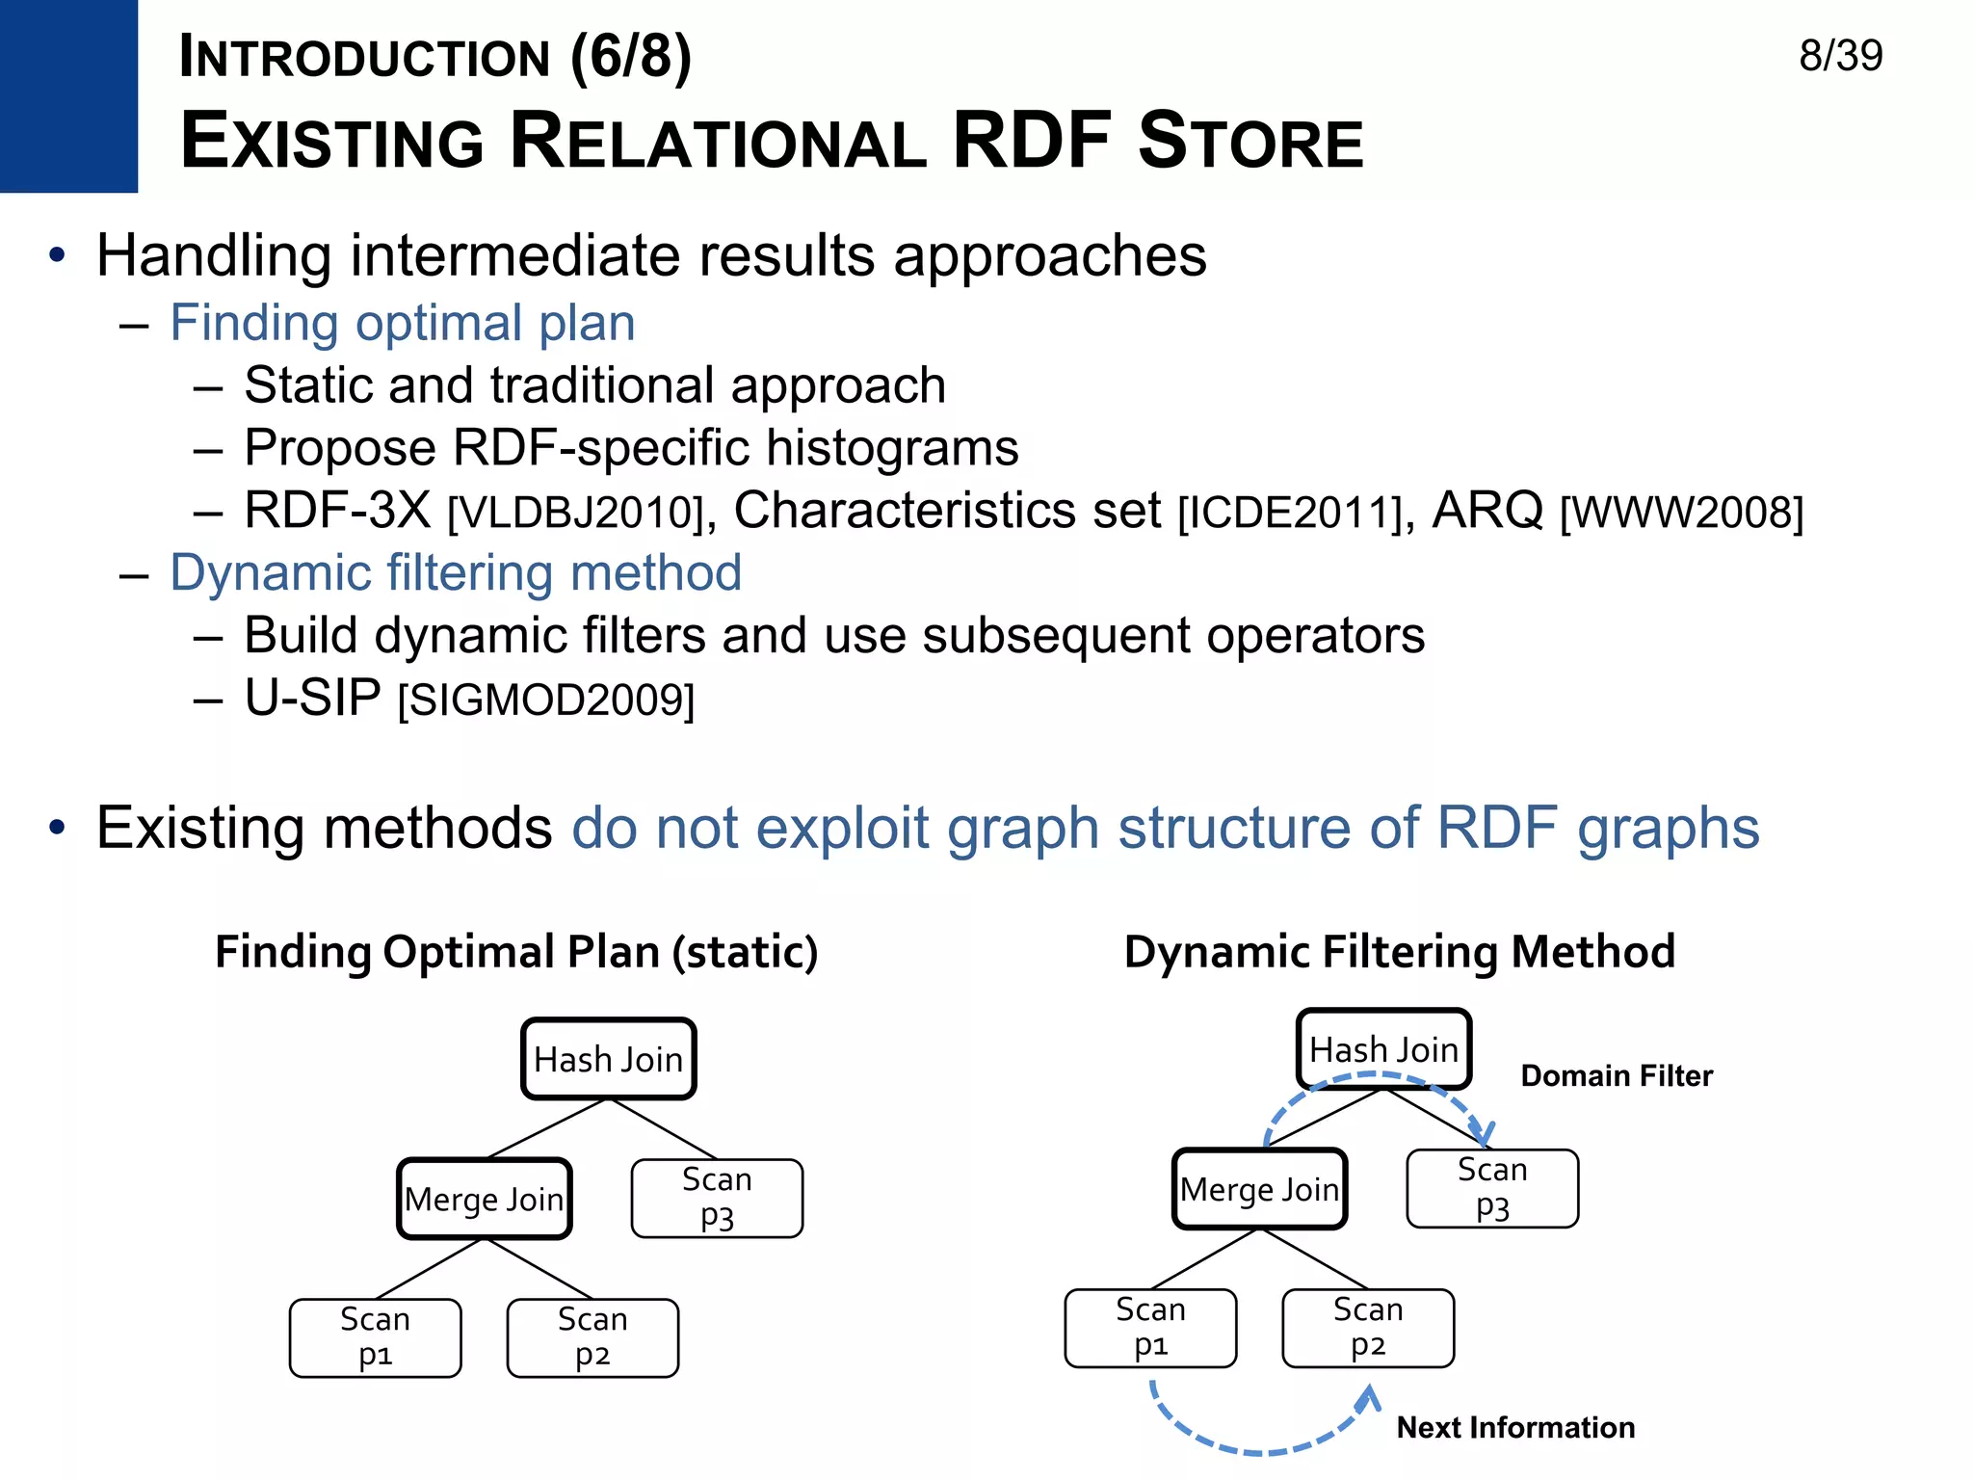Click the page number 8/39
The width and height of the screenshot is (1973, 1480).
[x=1840, y=56]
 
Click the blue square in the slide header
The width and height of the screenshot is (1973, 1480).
[x=68, y=95]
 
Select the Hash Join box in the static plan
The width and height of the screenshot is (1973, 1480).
[x=608, y=1059]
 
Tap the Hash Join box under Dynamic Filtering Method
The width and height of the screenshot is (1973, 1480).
[x=1383, y=1049]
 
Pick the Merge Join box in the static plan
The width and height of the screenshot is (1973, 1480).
[x=485, y=1199]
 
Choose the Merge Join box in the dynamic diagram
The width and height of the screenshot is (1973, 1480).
[x=1259, y=1189]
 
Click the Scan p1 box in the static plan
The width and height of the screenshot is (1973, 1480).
[x=375, y=1337]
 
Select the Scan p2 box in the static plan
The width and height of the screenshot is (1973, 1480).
[x=592, y=1337]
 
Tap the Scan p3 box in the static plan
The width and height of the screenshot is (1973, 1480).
[x=717, y=1198]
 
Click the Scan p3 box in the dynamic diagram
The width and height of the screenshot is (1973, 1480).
[x=1492, y=1188]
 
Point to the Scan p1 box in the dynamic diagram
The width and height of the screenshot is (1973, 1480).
[x=1150, y=1328]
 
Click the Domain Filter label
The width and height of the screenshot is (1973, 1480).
[x=1617, y=1075]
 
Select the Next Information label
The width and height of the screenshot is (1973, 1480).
[x=1515, y=1427]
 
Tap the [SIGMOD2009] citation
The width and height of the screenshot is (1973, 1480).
[x=545, y=700]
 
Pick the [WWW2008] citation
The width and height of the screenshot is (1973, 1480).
[x=1681, y=513]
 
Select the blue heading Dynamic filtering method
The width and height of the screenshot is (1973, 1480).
[x=456, y=573]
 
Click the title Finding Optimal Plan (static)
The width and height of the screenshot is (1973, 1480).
[x=516, y=952]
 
